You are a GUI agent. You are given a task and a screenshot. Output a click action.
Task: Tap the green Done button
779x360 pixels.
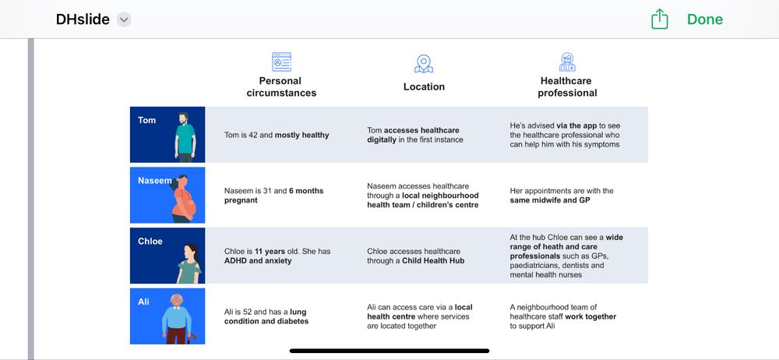[704, 19]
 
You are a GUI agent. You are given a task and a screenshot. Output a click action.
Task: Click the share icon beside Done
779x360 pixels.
[660, 19]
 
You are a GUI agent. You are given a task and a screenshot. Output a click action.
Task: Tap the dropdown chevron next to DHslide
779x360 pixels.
[124, 19]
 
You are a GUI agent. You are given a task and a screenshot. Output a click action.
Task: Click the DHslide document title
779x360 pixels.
[83, 19]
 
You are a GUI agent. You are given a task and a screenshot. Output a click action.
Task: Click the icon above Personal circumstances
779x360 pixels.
[281, 62]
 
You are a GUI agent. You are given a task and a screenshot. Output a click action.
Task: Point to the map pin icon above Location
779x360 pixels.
[424, 63]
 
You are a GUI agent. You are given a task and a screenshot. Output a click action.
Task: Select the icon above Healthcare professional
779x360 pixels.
[567, 62]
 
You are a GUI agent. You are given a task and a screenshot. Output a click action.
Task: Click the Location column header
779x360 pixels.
[424, 86]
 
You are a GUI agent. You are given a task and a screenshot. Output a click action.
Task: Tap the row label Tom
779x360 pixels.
[146, 120]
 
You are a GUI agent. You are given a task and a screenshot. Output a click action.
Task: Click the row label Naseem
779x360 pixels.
[154, 181]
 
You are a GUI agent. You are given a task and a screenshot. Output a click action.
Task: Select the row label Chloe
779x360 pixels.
[150, 242]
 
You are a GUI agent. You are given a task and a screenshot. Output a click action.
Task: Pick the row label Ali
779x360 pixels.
[143, 302]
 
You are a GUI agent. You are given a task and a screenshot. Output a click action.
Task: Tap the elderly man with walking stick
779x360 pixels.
[178, 318]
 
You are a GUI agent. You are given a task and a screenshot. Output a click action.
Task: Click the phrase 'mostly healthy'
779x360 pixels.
[301, 135]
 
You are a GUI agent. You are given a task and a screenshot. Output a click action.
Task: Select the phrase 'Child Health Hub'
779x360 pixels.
[433, 260]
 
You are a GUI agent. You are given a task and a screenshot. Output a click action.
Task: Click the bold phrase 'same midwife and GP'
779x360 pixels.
[552, 201]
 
